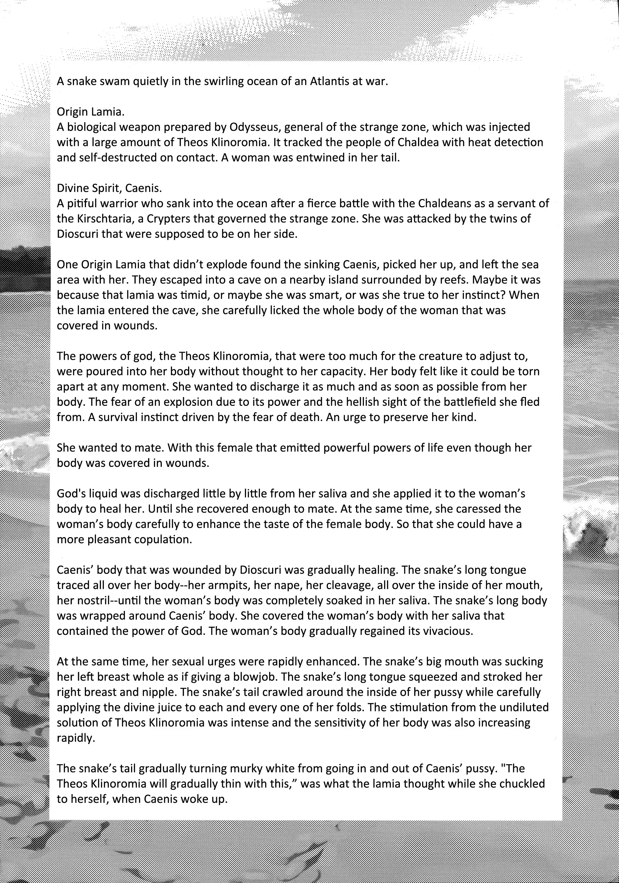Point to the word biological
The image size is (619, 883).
click(92, 127)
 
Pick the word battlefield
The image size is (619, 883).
click(467, 402)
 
